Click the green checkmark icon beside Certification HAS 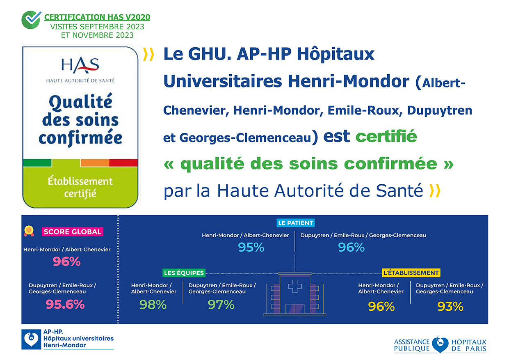(x=31, y=19)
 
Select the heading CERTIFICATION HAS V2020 (x=97, y=17)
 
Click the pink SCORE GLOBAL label (x=72, y=232)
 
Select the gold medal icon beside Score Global (x=29, y=231)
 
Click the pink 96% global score (x=66, y=261)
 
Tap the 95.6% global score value (x=66, y=304)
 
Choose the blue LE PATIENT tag (x=296, y=223)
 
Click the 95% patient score (x=251, y=247)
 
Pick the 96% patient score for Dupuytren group (x=351, y=247)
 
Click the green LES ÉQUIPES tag (x=184, y=273)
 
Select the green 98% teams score (x=153, y=304)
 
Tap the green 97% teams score (x=221, y=304)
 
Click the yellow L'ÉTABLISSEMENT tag (x=411, y=273)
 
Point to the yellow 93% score (x=450, y=306)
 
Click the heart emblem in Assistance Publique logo (x=440, y=344)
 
